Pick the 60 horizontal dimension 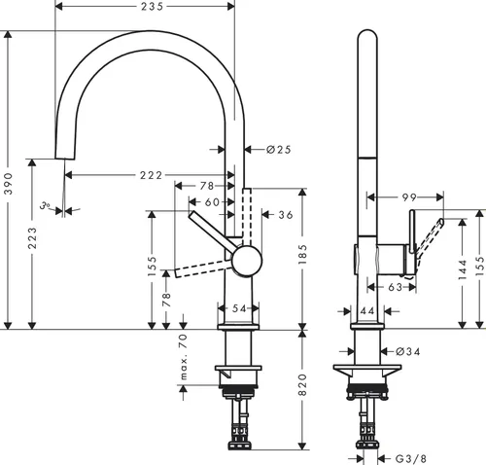tap(212, 201)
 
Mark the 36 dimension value tap(285, 215)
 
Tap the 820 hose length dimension tap(305, 389)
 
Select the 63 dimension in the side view tap(395, 287)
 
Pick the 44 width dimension tap(365, 309)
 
